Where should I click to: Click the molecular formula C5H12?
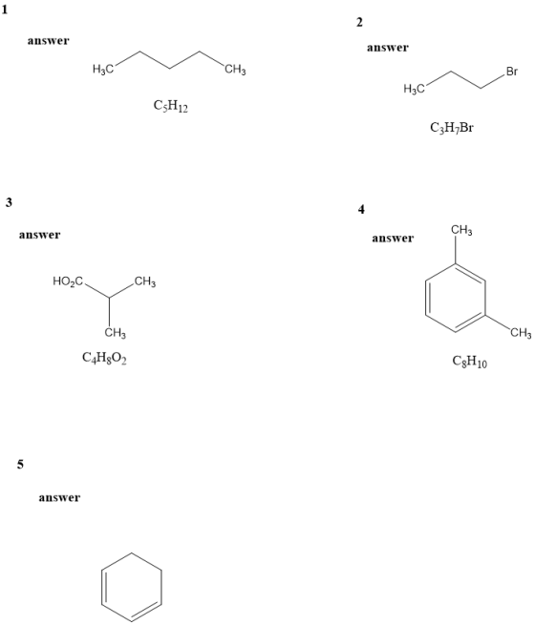(171, 106)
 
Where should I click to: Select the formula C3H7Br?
(452, 128)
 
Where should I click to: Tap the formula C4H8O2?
(104, 358)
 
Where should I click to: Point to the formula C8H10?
(470, 361)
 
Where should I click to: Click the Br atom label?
(512, 72)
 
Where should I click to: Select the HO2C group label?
(68, 281)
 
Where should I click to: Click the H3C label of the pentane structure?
(103, 70)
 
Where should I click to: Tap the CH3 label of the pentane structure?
(235, 71)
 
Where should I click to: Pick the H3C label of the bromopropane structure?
(414, 89)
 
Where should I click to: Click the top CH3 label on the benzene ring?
(461, 230)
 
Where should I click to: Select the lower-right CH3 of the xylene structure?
(521, 332)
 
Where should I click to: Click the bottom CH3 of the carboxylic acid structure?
(116, 332)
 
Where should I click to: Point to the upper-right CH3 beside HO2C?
(145, 281)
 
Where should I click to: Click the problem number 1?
(5, 10)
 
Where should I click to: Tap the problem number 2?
(359, 22)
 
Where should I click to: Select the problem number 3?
(9, 202)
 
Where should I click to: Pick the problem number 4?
(361, 209)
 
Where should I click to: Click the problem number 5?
(20, 464)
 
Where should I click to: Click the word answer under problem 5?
(59, 497)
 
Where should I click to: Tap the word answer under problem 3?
(39, 235)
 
